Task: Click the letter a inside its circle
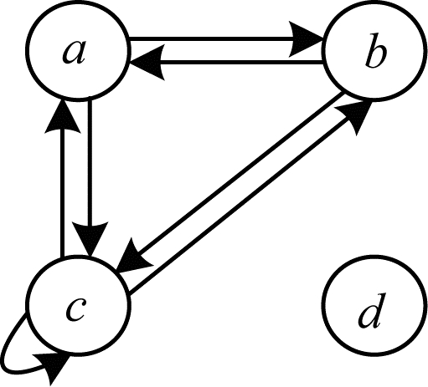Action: tap(74, 53)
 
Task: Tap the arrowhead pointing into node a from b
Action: tap(146, 62)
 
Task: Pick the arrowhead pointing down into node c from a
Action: tap(90, 239)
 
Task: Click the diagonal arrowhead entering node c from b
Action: tap(132, 257)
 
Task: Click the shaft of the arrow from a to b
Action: tap(212, 38)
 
